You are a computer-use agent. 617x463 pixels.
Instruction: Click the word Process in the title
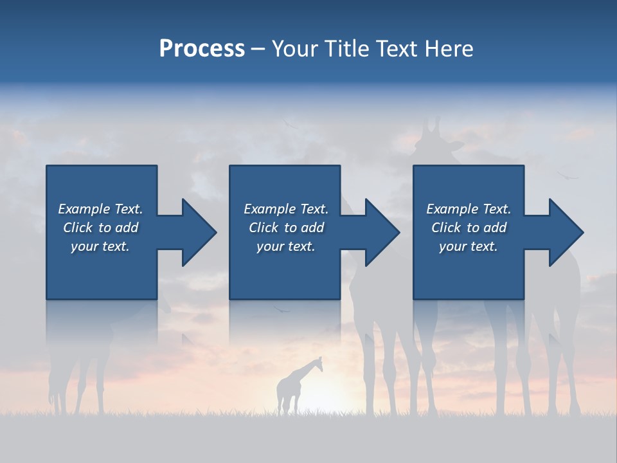click(202, 49)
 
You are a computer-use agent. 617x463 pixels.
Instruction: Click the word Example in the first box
click(84, 209)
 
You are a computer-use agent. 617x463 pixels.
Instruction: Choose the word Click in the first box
click(78, 228)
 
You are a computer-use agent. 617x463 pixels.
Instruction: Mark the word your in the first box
click(84, 246)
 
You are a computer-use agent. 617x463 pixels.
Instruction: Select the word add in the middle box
click(312, 228)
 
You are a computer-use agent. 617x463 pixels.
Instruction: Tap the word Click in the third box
click(446, 228)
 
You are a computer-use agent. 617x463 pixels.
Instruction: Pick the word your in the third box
click(452, 246)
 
